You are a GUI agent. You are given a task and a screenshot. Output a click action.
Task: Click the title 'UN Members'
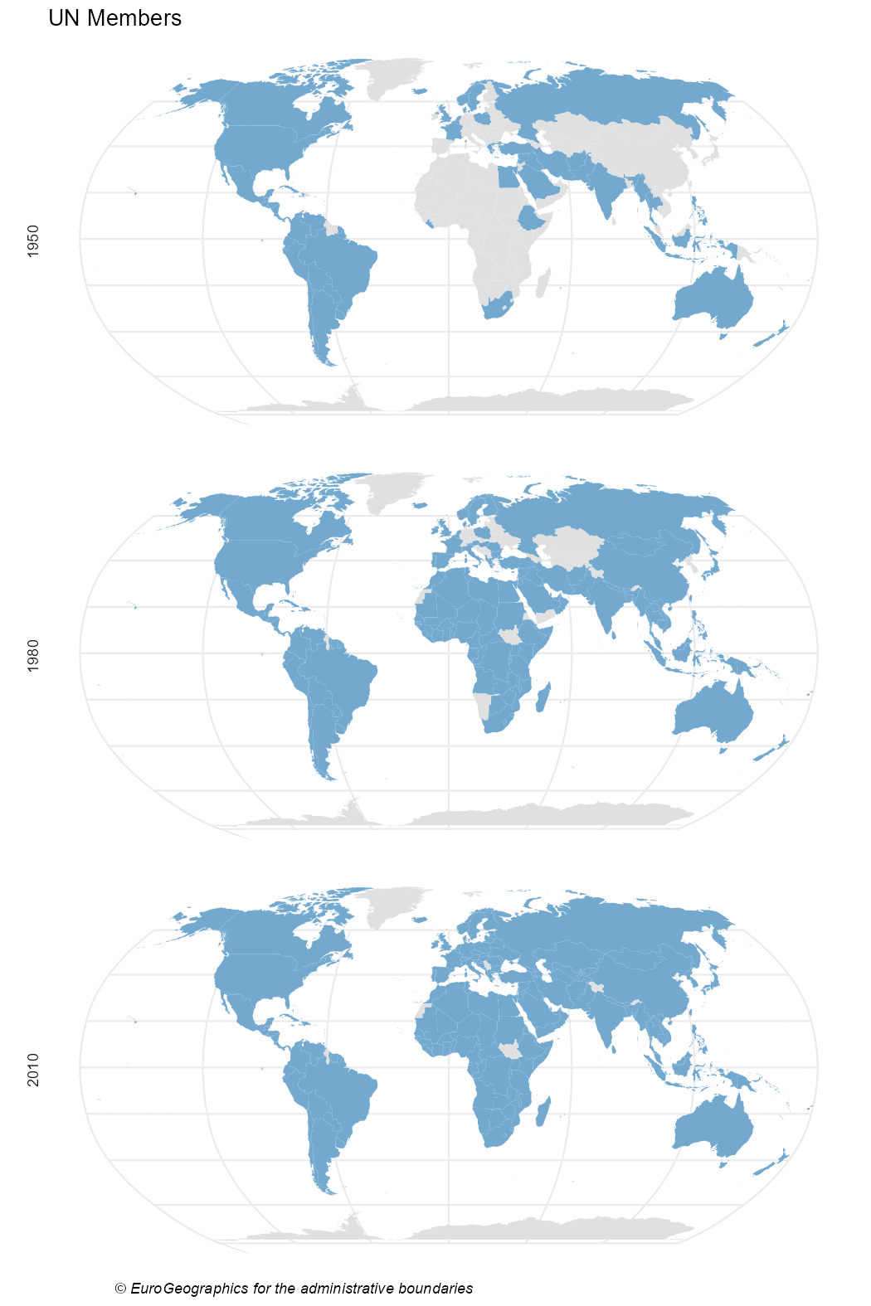[x=114, y=18]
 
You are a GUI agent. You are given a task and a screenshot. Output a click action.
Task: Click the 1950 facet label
[x=33, y=240]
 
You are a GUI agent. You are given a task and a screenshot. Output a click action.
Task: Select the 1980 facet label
[x=33, y=655]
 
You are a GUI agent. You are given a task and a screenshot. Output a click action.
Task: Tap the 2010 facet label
[x=33, y=1070]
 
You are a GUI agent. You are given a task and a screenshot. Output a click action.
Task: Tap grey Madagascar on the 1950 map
[x=543, y=283]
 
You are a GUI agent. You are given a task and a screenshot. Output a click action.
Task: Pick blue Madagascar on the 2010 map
[x=543, y=1111]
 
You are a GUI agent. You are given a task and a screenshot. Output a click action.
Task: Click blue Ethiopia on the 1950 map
[x=531, y=218]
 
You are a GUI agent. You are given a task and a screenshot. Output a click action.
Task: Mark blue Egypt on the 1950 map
[x=506, y=177]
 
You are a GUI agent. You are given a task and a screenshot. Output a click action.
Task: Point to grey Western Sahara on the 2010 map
[x=423, y=1010]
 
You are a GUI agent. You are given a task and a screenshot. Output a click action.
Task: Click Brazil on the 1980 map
[x=340, y=676]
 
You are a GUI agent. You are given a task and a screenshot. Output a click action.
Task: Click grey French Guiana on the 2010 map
[x=335, y=1057]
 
